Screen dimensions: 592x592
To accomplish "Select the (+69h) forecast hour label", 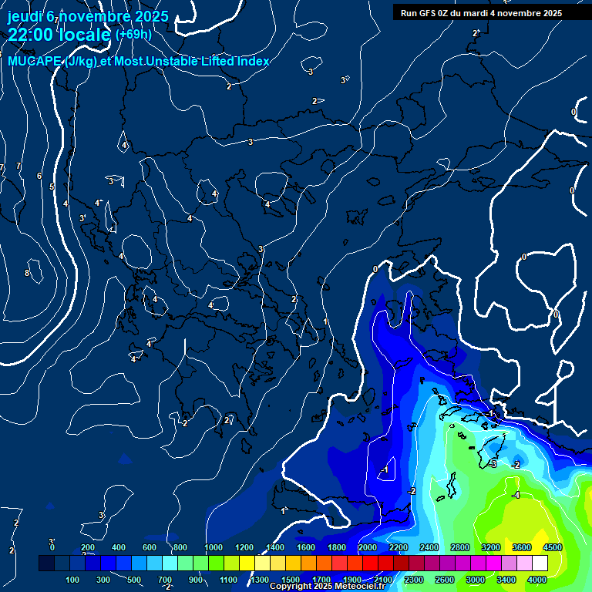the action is coord(133,35).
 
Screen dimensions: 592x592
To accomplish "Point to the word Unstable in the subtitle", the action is coord(185,62).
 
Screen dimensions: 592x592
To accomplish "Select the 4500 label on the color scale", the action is coord(553,547).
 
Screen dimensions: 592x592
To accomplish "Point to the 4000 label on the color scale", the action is coord(537,580).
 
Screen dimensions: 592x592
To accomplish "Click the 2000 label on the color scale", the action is coord(368,547).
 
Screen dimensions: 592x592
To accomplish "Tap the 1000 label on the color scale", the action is coord(214,547).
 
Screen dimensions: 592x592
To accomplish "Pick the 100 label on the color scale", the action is coord(72,580).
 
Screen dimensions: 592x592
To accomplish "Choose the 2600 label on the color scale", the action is coord(445,580).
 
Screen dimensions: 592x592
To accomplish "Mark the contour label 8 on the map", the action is coord(27,273).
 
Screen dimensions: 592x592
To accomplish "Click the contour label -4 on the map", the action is coord(516,495).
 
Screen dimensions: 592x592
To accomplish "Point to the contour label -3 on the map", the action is coord(492,463).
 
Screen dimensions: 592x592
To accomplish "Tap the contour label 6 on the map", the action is coord(39,176).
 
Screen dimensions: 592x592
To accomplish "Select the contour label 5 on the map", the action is coord(52,187).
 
